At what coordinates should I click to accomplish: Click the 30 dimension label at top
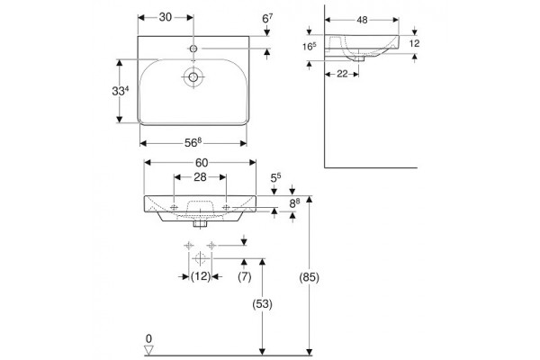(x=166, y=17)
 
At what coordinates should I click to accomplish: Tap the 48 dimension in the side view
(x=362, y=20)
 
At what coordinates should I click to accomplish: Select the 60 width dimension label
(x=202, y=162)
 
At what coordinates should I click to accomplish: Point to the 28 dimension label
(x=200, y=177)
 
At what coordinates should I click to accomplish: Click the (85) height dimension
(x=310, y=277)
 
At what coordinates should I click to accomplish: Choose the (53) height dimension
(x=263, y=304)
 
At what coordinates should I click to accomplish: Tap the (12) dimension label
(x=201, y=276)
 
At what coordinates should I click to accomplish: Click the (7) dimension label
(x=245, y=276)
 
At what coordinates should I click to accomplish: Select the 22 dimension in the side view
(x=342, y=74)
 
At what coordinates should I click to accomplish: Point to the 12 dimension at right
(x=415, y=43)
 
